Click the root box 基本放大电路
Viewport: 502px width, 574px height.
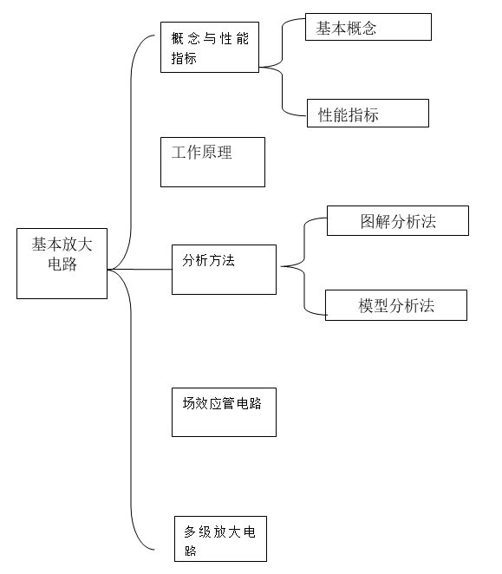coord(62,264)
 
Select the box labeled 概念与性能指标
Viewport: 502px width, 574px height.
coord(210,47)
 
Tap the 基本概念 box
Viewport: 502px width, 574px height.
coord(368,27)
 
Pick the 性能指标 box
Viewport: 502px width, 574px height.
coord(368,113)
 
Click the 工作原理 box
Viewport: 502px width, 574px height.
coord(212,162)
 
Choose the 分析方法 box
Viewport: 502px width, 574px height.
coord(224,270)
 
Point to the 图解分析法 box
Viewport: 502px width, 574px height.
coord(398,220)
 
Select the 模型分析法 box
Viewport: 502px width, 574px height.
coord(396,305)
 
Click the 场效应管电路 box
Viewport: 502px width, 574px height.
coord(224,412)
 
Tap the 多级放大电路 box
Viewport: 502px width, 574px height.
coord(220,538)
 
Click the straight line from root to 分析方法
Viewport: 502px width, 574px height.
coord(140,270)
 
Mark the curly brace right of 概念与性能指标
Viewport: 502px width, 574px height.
coord(282,67)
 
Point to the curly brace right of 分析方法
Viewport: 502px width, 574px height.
coord(304,266)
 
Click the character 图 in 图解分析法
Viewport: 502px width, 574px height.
coord(368,221)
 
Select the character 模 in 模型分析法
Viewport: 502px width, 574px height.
coord(366,306)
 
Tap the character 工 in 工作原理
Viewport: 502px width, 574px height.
coord(179,153)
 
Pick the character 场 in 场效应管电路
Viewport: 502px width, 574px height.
coord(189,403)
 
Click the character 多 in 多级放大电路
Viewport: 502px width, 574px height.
coord(190,532)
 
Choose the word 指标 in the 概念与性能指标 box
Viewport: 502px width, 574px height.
coord(184,58)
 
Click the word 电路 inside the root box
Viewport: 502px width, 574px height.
coord(62,264)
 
